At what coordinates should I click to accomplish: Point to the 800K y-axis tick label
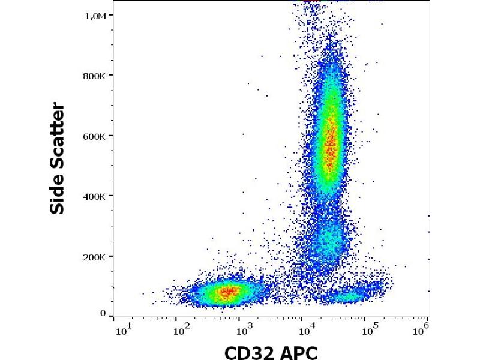[95, 76]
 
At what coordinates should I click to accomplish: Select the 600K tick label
[95, 136]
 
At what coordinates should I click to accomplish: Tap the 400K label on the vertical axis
[95, 197]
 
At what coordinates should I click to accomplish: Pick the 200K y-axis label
[95, 257]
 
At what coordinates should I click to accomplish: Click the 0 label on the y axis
[103, 314]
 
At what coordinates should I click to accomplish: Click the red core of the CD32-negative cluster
[227, 292]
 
